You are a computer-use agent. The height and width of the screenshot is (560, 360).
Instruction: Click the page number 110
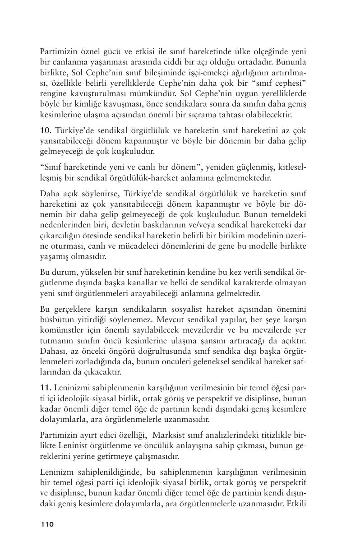coord(47,524)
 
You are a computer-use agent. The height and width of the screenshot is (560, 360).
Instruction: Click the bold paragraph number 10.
coord(46,130)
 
